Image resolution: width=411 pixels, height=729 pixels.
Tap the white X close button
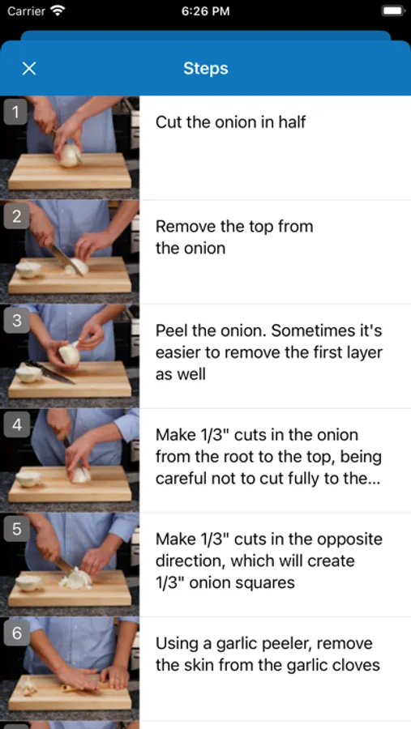[x=29, y=69]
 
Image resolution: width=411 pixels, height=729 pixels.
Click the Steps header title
[x=205, y=69]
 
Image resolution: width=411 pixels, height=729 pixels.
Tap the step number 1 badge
[x=16, y=113]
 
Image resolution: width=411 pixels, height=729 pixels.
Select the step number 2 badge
[x=16, y=216]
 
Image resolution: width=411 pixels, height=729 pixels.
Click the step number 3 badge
[x=16, y=321]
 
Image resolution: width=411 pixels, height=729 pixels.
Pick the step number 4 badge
[x=16, y=425]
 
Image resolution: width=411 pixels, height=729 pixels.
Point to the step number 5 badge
[x=16, y=529]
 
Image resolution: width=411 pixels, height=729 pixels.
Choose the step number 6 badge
[x=16, y=633]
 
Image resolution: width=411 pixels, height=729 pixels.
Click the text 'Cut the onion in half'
[x=230, y=122]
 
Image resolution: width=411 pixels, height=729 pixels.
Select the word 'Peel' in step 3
[x=169, y=331]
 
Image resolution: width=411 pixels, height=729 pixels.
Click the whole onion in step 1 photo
[x=71, y=156]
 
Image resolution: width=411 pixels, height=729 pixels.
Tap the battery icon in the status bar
[x=392, y=11]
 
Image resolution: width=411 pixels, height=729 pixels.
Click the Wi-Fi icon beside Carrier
[x=58, y=11]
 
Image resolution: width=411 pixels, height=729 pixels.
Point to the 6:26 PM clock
[x=205, y=11]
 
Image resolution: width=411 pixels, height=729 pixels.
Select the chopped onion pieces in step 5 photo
[x=75, y=578]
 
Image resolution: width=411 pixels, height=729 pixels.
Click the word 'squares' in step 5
[x=266, y=583]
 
